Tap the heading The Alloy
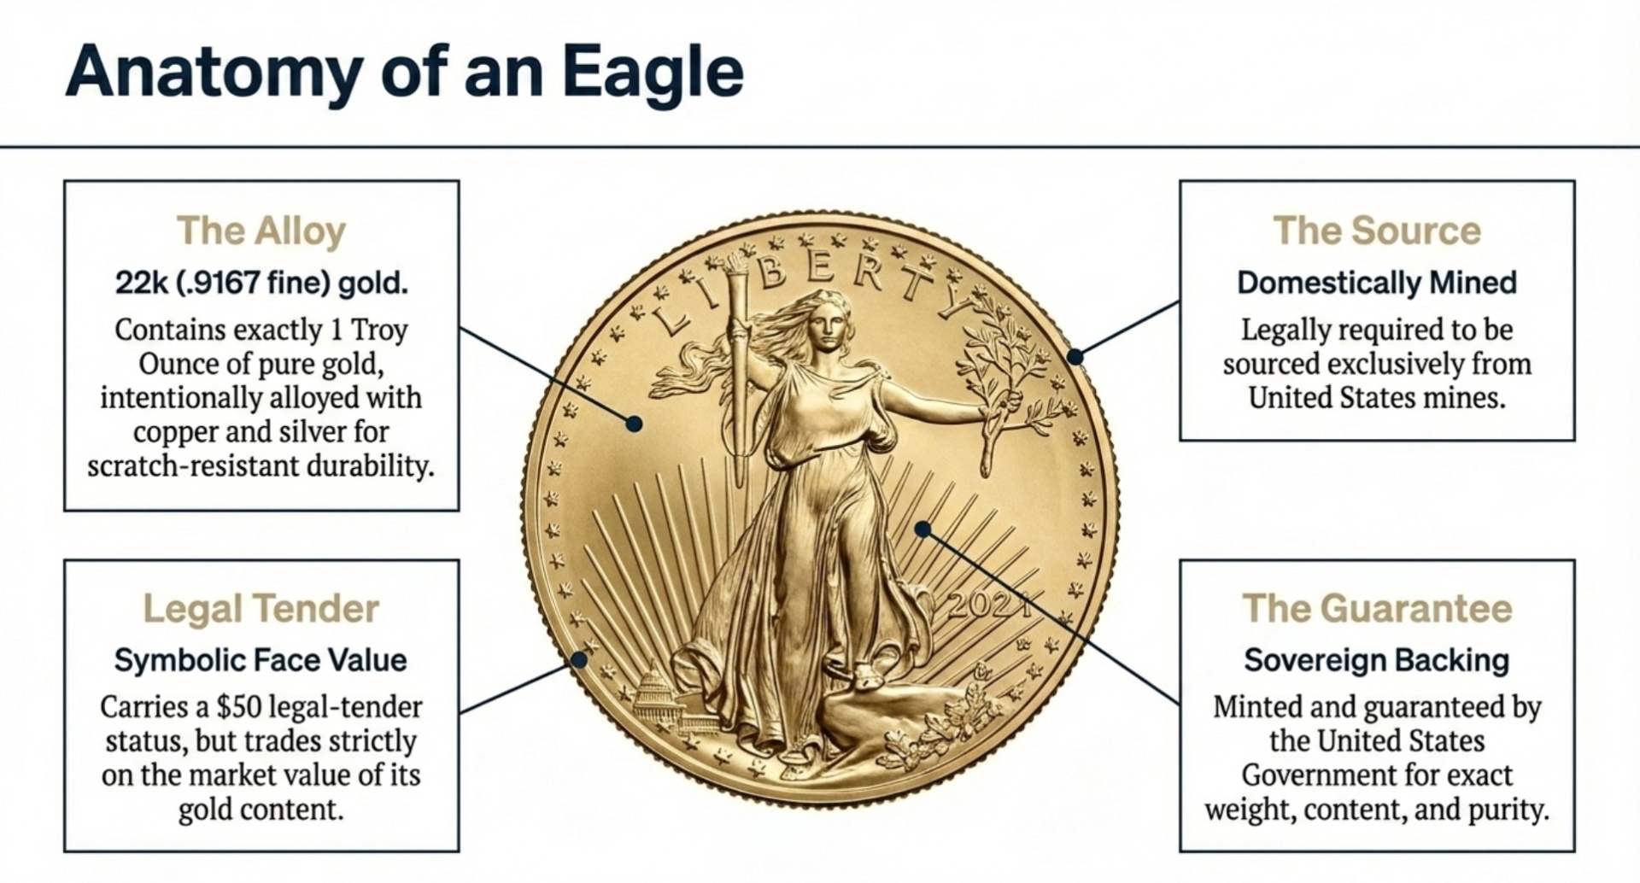pos(261,231)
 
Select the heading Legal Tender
pos(261,609)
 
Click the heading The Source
pos(1377,231)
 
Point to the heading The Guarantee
pos(1377,609)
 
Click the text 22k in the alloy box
pos(142,283)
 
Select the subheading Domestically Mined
pos(1377,283)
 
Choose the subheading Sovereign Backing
pos(1377,660)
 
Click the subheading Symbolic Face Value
pos(261,660)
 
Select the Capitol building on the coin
pos(656,696)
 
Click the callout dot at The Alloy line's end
pos(634,424)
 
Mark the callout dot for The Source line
pos(1076,356)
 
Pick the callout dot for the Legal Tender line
pos(579,659)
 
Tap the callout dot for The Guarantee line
pos(922,529)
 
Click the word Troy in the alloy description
pos(380,330)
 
